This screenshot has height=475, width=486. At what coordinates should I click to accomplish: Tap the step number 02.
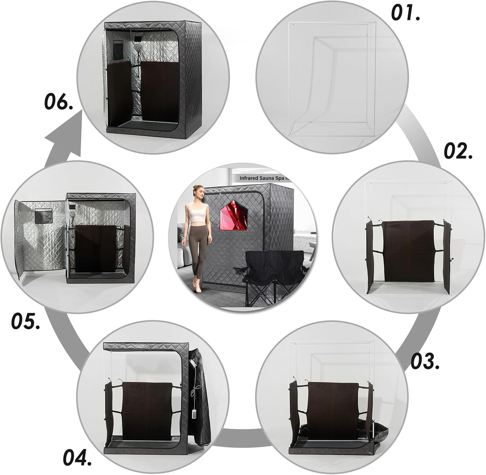click(x=457, y=151)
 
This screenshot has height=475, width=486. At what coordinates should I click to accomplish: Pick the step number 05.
click(x=26, y=321)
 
